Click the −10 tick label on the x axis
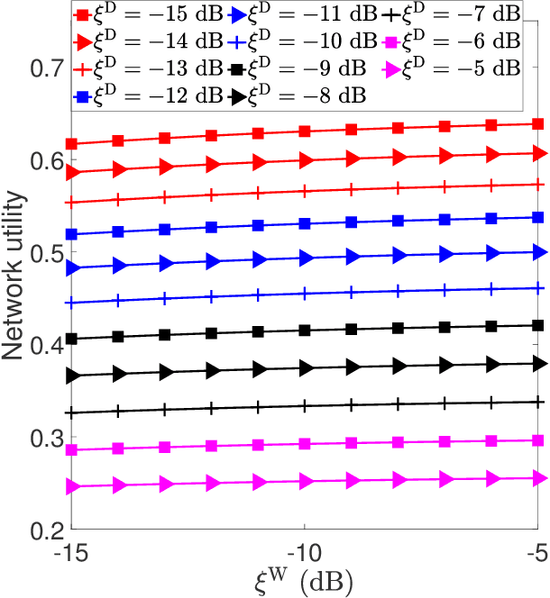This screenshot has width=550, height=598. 305,549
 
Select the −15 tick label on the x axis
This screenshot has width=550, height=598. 70,549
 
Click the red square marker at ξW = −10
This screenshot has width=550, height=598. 305,131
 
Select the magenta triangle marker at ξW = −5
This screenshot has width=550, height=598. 539,478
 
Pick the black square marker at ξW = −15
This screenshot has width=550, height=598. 71,339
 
